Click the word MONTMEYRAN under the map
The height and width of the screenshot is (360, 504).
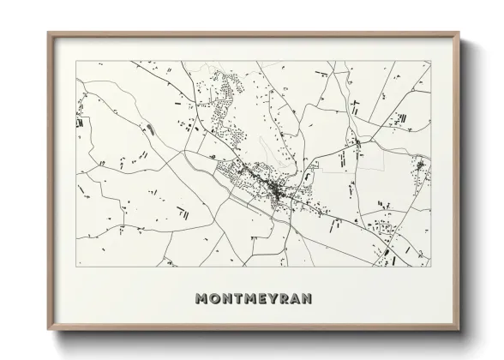pos(253,299)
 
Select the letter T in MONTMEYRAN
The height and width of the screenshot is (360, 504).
pos(238,299)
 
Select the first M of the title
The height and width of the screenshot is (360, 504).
pos(201,299)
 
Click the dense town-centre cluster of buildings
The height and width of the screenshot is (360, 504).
pos(273,188)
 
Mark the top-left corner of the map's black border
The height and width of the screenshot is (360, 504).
pos(76,61)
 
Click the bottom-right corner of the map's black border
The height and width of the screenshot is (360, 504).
pos(430,267)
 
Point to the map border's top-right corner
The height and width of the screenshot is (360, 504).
pos(430,61)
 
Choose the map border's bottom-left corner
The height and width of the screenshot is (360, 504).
pos(76,267)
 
